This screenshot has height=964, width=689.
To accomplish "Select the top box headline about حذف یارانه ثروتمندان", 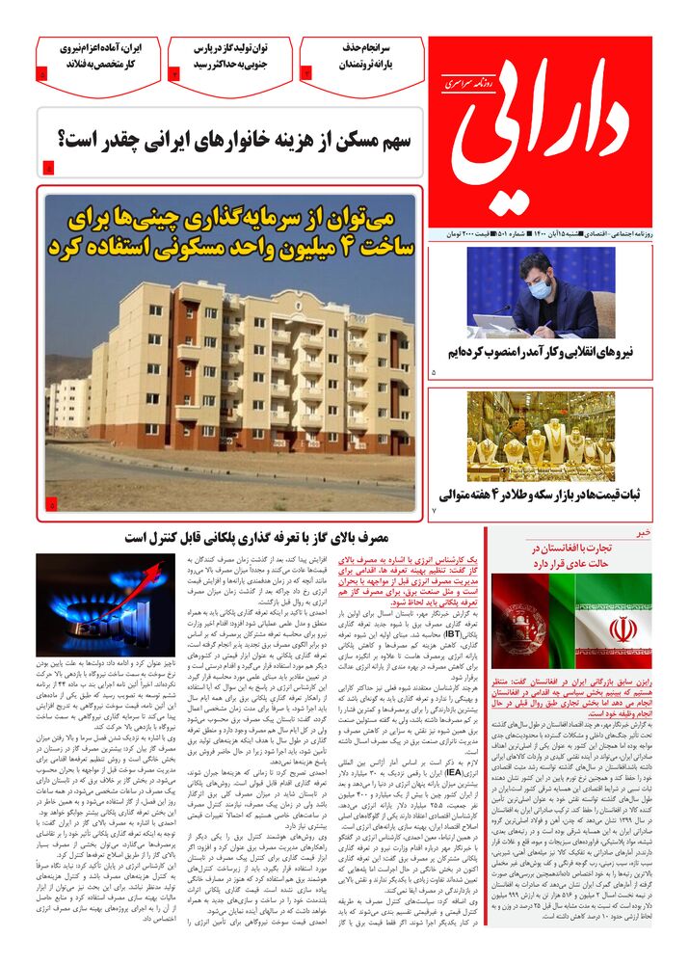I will (360, 57).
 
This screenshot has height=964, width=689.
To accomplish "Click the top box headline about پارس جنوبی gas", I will (228, 57).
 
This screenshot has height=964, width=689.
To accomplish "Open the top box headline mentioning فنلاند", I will (98, 57).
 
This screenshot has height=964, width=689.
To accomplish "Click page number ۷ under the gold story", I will (435, 509).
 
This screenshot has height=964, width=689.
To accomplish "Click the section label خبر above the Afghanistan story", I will (643, 531).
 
